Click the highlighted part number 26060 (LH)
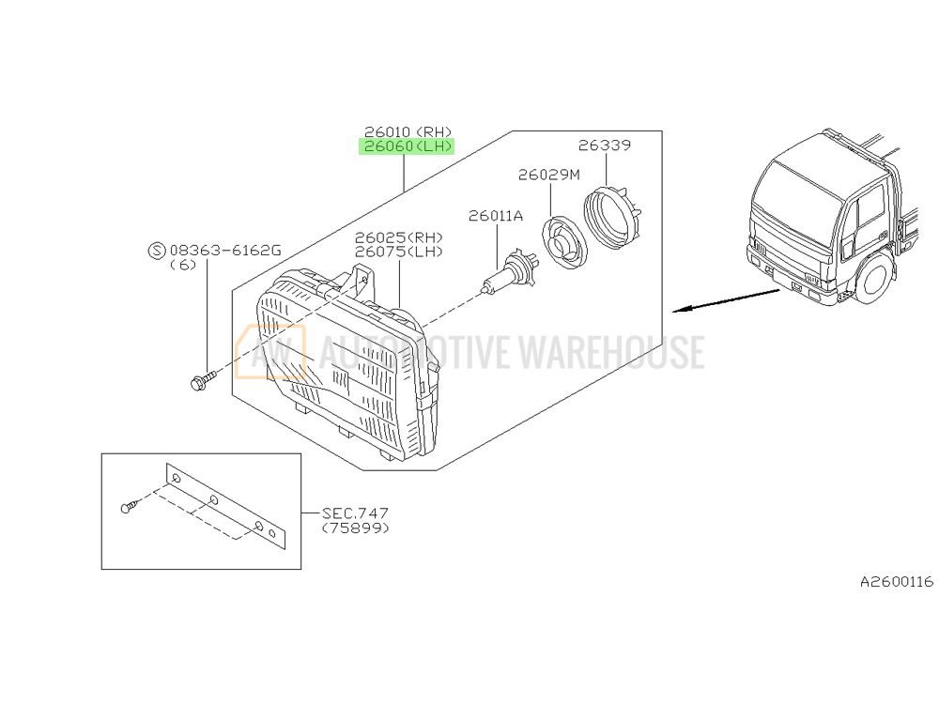[407, 146]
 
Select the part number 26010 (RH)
[408, 131]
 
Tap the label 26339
[604, 145]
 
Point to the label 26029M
[549, 175]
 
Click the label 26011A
[496, 216]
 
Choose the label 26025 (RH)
[399, 237]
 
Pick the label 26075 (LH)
[399, 252]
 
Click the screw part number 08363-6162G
[225, 251]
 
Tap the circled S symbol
[156, 251]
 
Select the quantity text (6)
[183, 265]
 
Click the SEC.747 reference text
[355, 513]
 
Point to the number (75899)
[355, 528]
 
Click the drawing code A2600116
[897, 581]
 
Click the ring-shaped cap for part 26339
[612, 217]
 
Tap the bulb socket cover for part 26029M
[564, 242]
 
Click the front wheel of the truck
[875, 280]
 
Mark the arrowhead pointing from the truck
[680, 310]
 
